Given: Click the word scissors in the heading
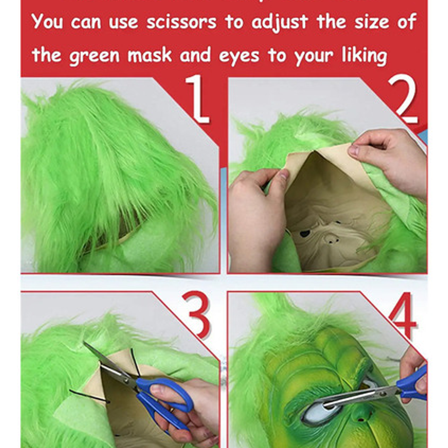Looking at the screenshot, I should point(181,22).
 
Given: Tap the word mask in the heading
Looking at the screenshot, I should point(149,55).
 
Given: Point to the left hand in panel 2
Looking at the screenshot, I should point(254,216).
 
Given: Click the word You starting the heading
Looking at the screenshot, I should point(47,22).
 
